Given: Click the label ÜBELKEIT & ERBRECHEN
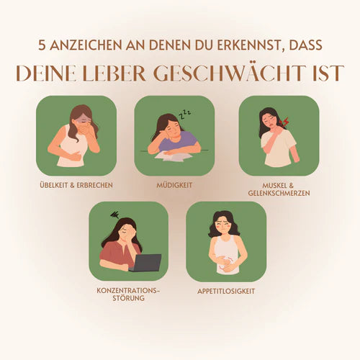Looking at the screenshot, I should tap(76, 184).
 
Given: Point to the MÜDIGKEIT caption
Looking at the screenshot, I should tap(174, 184).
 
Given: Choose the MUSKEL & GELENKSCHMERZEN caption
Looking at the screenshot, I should tap(279, 188).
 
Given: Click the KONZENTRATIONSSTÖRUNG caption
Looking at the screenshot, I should tap(128, 293).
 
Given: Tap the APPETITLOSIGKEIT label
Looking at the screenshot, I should tap(226, 291).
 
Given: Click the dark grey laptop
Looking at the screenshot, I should tap(146, 263).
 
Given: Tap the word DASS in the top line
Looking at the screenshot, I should tap(305, 45).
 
